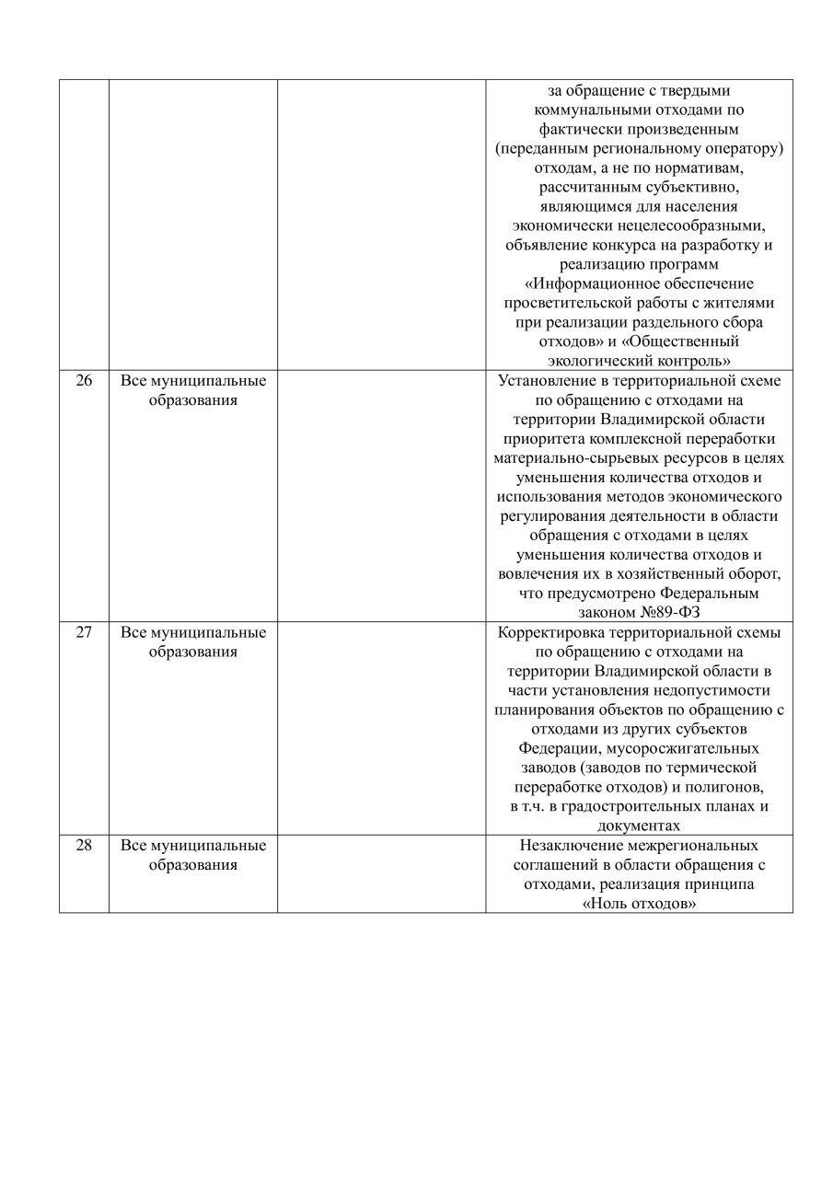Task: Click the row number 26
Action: pos(84,381)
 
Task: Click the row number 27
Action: pos(84,632)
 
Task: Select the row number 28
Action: pos(84,845)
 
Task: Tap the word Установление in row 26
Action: pos(543,381)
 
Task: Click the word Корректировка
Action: pos(550,632)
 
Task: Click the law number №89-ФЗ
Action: pos(675,613)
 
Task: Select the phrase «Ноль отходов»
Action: pos(639,904)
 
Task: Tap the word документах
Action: pos(639,826)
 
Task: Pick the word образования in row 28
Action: pos(193,865)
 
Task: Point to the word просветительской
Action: pos(565,303)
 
